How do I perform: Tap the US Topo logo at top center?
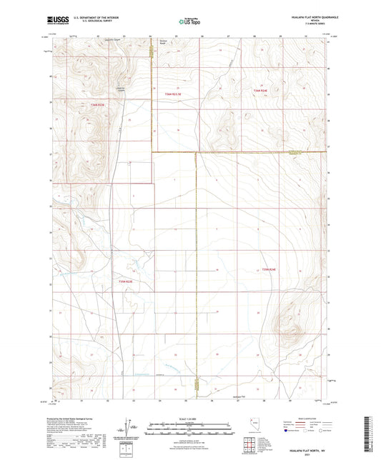tap(190, 21)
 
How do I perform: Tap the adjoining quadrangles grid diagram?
tap(249, 447)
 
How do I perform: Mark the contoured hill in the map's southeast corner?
tap(293, 311)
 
